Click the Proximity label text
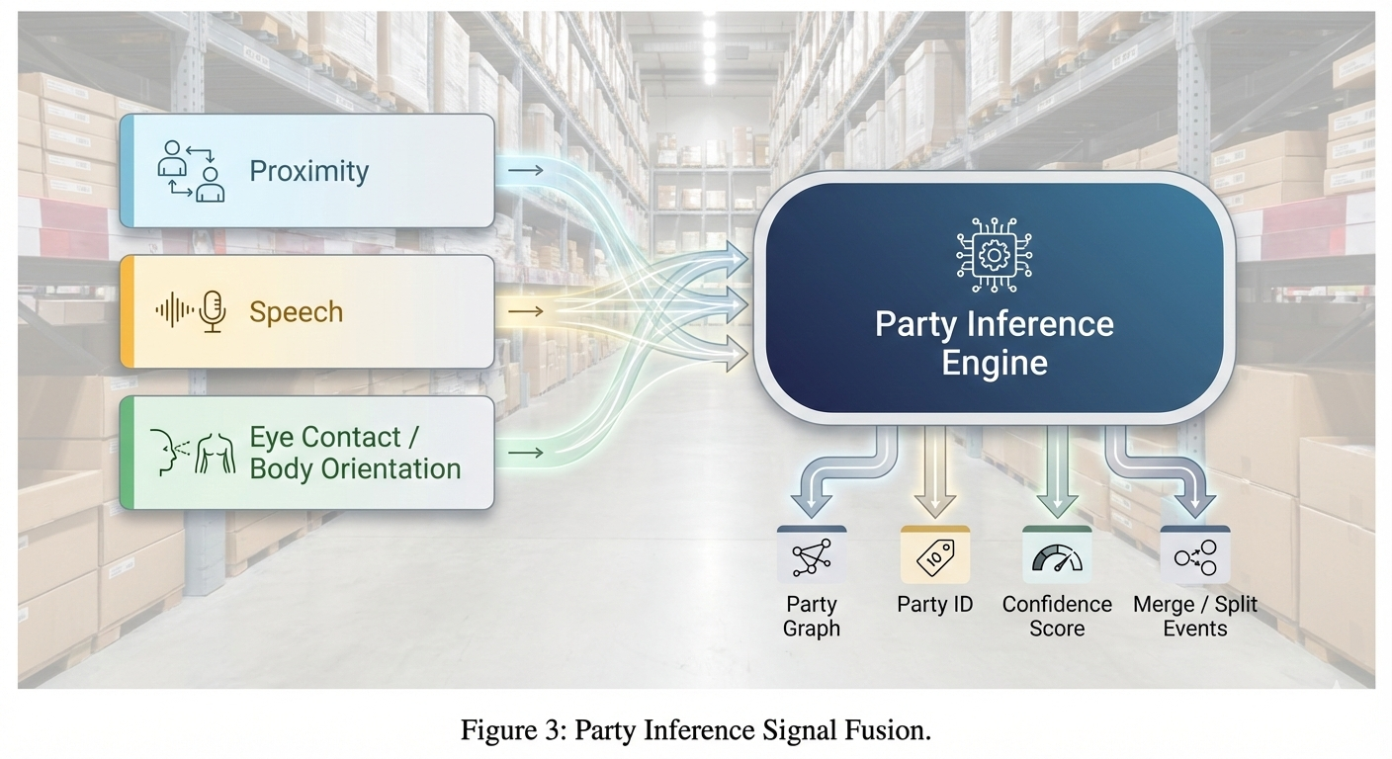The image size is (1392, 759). point(308,171)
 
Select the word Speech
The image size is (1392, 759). point(296,312)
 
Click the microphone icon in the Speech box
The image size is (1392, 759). point(213,311)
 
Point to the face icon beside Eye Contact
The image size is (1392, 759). point(167,452)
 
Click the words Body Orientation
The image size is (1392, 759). point(355,468)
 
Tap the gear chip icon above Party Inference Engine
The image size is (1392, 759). point(993,254)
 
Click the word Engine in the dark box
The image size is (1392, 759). point(994,363)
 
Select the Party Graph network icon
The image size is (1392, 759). point(812,557)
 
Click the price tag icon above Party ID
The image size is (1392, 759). point(934,558)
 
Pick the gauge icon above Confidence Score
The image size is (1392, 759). point(1057,558)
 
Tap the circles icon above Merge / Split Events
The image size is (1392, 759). point(1194,558)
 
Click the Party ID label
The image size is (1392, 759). point(934,604)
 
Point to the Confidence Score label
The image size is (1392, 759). point(1057,616)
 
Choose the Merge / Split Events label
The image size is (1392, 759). point(1194,616)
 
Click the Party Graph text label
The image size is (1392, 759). point(812,616)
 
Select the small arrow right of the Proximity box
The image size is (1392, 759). point(525,171)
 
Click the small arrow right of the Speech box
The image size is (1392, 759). point(525,312)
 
